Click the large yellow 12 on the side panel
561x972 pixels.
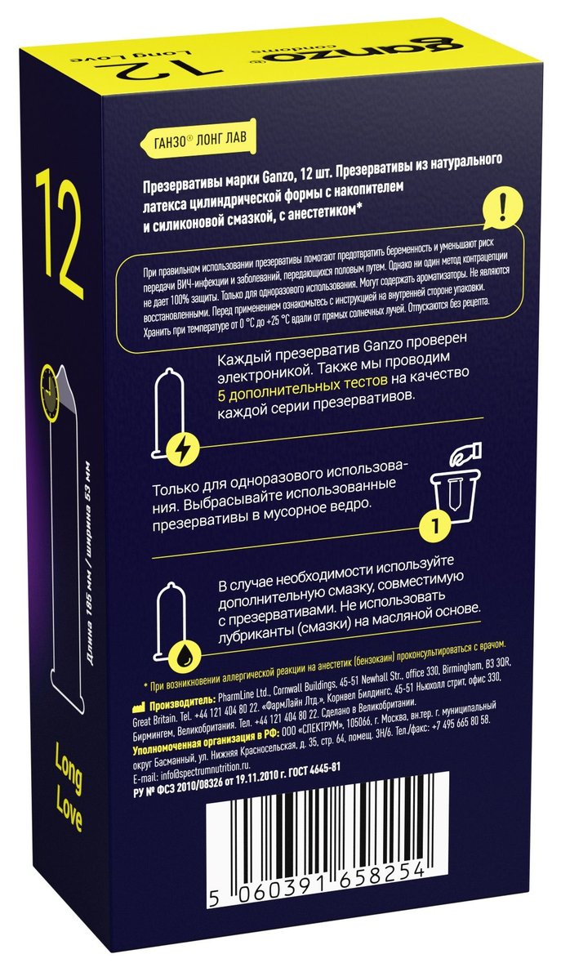click(x=58, y=232)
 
